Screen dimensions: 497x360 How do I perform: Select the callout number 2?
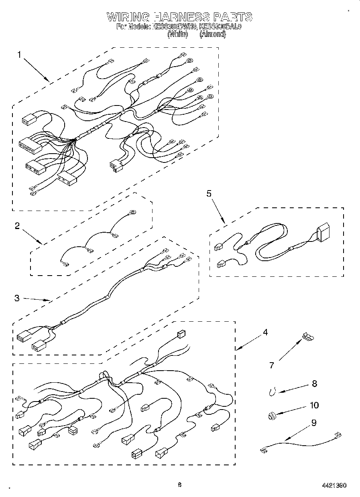(17, 226)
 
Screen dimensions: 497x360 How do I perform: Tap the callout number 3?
(17, 298)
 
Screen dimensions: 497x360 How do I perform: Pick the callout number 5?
(209, 193)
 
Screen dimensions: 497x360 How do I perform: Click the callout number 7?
(272, 365)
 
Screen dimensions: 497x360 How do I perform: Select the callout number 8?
(314, 384)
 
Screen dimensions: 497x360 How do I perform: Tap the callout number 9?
(314, 422)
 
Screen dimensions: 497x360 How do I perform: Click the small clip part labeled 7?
(308, 337)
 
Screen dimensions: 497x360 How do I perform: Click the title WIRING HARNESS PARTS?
(179, 17)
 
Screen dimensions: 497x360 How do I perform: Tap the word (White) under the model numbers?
(177, 34)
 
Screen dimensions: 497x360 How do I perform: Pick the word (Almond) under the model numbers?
(213, 34)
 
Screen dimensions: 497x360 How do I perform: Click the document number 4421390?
(334, 485)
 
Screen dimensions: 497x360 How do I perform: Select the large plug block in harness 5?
(323, 234)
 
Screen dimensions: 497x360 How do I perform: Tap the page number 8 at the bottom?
(180, 485)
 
